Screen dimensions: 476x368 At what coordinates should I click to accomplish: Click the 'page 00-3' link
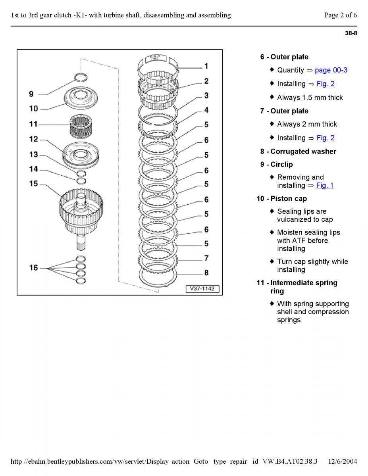[x=331, y=70]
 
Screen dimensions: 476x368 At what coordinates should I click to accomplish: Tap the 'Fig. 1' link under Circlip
[x=325, y=185]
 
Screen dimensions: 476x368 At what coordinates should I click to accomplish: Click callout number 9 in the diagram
[x=31, y=94]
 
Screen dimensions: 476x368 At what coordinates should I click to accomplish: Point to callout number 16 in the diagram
[x=33, y=268]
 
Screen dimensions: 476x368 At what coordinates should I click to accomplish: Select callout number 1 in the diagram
[x=206, y=66]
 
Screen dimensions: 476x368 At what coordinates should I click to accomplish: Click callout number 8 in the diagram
[x=206, y=273]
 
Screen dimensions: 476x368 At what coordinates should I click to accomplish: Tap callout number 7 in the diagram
[x=206, y=258]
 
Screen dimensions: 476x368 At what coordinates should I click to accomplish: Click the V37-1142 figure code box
[x=202, y=289]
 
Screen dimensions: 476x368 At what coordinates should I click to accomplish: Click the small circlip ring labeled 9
[x=81, y=77]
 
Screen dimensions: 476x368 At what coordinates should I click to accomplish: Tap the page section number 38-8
[x=351, y=33]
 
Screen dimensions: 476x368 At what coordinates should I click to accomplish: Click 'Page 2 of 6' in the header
[x=340, y=15]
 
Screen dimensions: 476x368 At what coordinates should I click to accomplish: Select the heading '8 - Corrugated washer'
[x=298, y=152]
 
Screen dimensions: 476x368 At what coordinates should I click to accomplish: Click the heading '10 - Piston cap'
[x=281, y=198]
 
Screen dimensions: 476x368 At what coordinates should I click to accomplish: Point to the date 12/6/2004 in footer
[x=343, y=461]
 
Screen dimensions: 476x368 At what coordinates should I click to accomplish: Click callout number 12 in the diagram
[x=33, y=139]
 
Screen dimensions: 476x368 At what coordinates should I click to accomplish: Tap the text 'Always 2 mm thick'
[x=307, y=124]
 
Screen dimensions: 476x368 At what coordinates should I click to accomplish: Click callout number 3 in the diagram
[x=206, y=96]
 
